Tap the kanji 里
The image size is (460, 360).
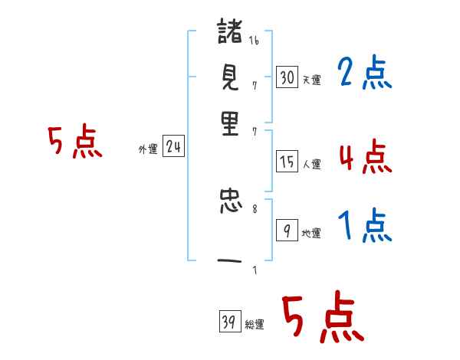click(229, 123)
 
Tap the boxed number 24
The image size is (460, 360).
click(173, 148)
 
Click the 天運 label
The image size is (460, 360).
click(311, 80)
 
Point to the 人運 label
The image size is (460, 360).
click(311, 164)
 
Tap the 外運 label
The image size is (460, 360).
click(148, 150)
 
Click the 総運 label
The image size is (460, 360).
click(254, 325)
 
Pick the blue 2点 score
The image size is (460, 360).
click(365, 74)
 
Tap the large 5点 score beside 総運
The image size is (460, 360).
click(323, 318)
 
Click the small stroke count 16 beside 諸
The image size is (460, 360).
click(254, 41)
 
